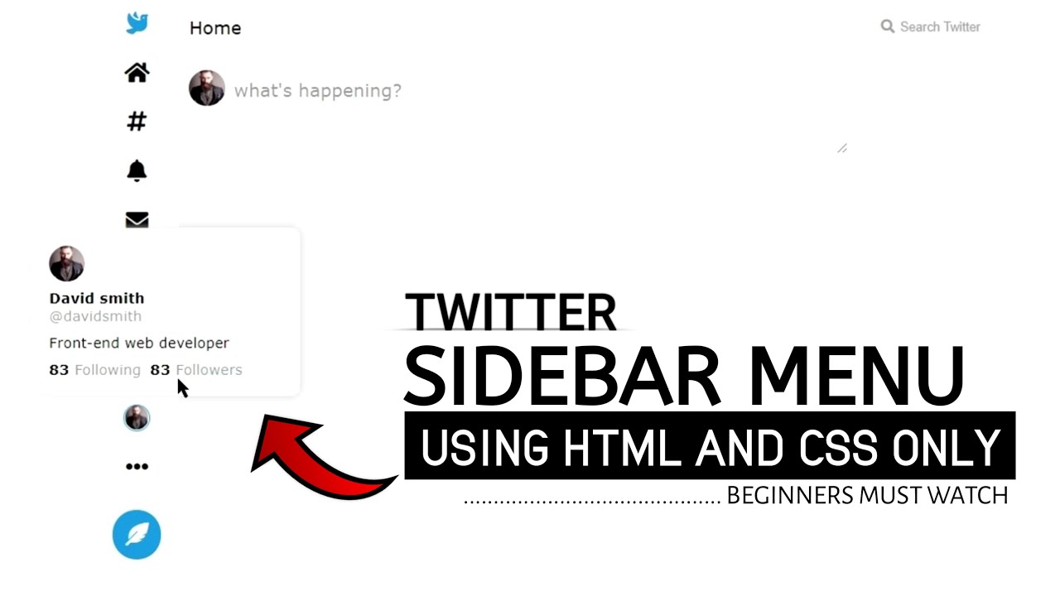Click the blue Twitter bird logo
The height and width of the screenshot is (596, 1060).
[137, 23]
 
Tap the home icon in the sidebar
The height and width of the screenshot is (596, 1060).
[137, 73]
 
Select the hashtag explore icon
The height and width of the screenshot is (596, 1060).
[137, 122]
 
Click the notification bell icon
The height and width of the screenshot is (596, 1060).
[137, 171]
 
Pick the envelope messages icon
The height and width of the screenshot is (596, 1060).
[137, 219]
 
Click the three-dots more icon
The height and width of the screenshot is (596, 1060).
[137, 467]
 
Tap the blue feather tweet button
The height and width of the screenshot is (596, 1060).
[137, 535]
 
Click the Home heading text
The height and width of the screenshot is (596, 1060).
[215, 28]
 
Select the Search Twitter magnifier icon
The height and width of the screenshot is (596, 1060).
[887, 26]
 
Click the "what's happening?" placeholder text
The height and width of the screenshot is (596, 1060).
[317, 91]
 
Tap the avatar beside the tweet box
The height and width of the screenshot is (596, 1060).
[206, 88]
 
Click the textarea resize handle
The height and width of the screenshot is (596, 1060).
[841, 148]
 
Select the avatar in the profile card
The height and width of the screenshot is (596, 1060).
[66, 263]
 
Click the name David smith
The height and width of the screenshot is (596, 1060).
[96, 298]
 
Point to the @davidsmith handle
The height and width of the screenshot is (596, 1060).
[95, 316]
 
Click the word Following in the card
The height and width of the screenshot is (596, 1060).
[108, 370]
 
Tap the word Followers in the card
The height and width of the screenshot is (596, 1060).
[209, 370]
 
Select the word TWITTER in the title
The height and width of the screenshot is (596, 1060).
[510, 312]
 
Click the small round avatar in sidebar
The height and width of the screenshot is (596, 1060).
[137, 418]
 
